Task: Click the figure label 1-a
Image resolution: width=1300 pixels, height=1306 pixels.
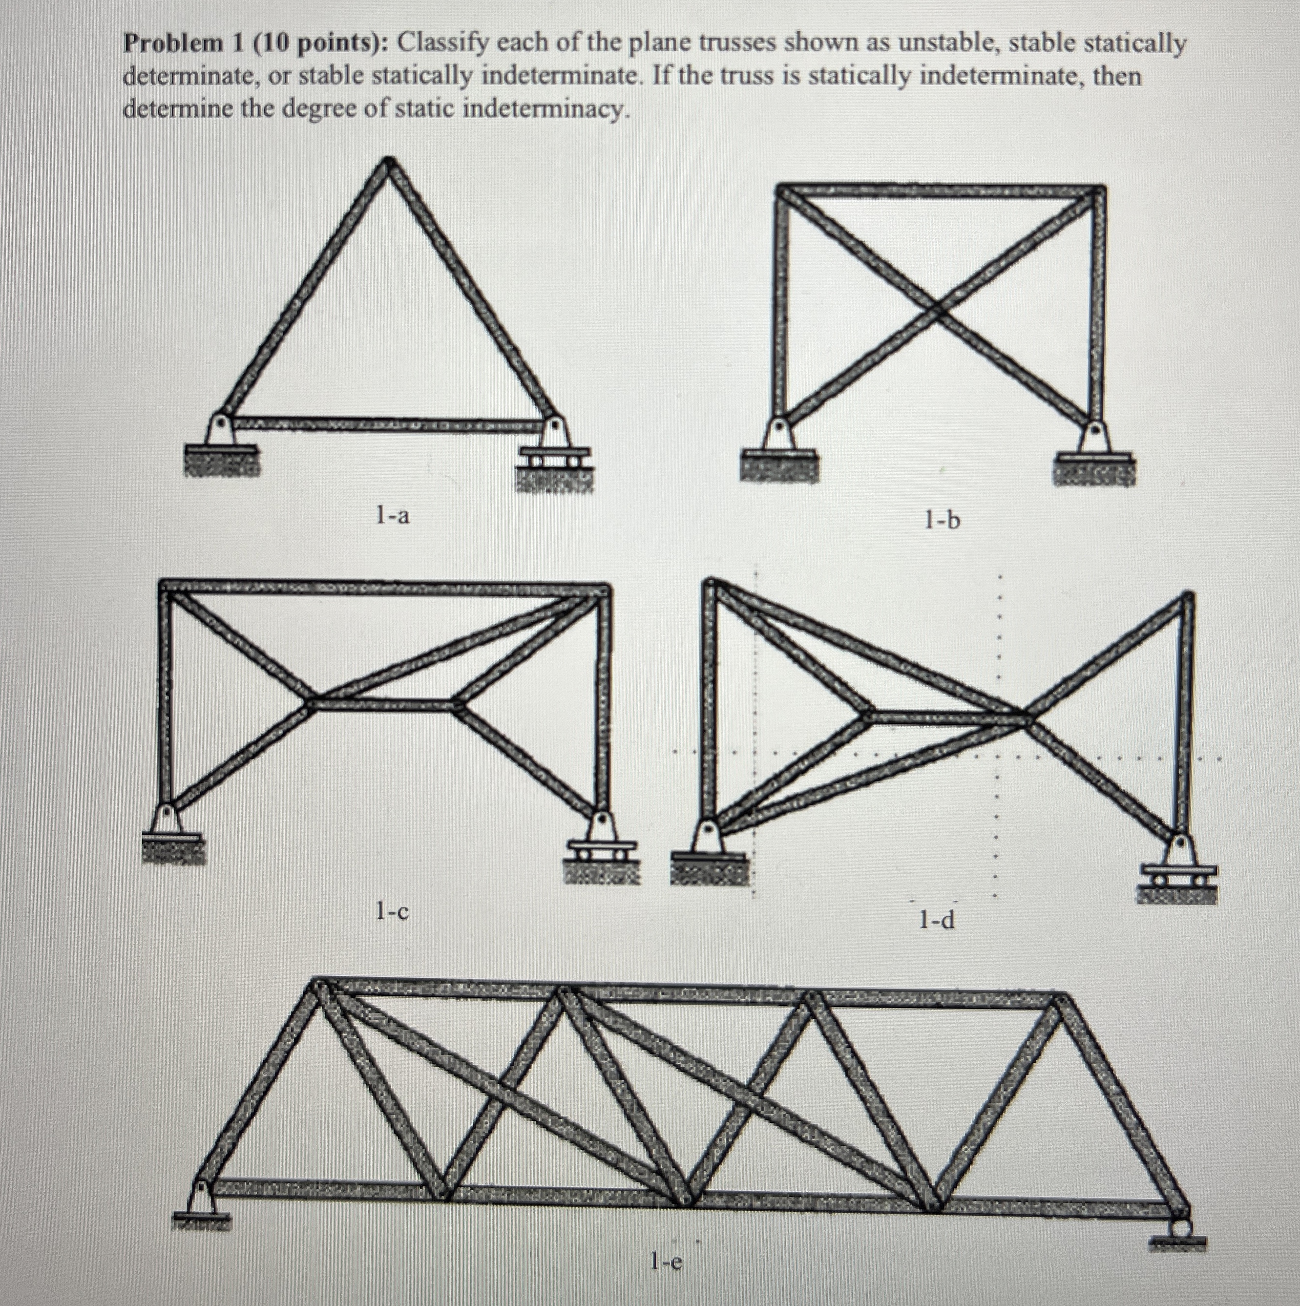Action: click(x=393, y=516)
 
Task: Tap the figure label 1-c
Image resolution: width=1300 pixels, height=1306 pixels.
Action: click(x=392, y=912)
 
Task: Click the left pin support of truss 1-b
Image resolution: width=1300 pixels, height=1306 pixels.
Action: click(x=779, y=440)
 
